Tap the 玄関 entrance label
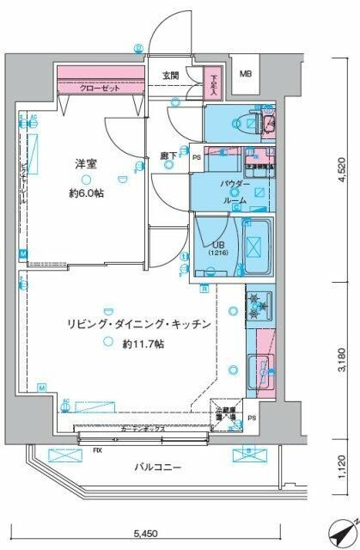[x=170, y=76]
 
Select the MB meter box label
[x=246, y=74]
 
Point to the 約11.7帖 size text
[x=143, y=344]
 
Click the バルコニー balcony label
[x=157, y=467]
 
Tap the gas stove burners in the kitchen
[x=260, y=305]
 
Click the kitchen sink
[x=259, y=370]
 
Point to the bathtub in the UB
[x=256, y=247]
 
